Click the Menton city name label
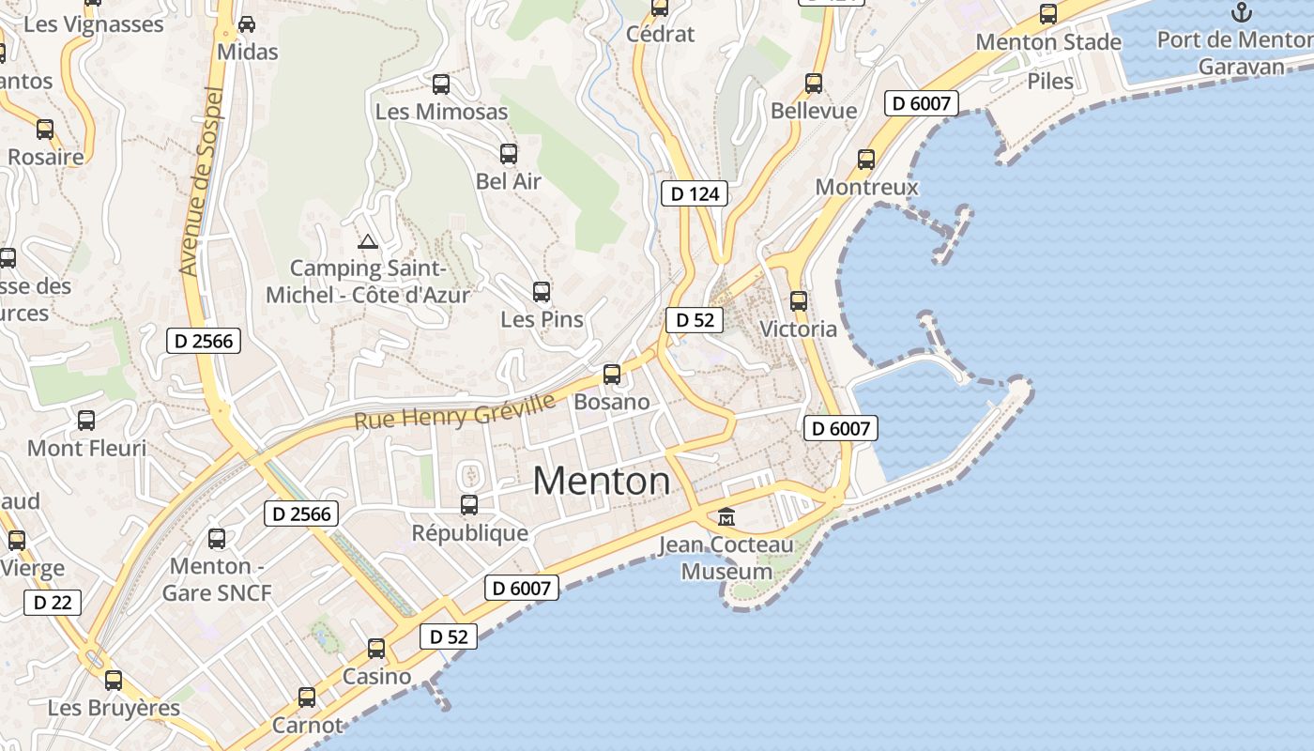point(602,482)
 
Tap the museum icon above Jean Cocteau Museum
point(726,516)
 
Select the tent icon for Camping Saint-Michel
point(368,241)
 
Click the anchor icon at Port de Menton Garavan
point(1242,12)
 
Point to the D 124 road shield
point(695,194)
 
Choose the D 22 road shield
point(52,603)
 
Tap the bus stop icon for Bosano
point(612,375)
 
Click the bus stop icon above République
point(469,505)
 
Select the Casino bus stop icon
point(376,649)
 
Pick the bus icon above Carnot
point(307,697)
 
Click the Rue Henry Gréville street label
point(454,411)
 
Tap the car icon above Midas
point(247,24)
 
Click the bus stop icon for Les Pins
point(542,292)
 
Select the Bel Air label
point(509,181)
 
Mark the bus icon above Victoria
point(799,301)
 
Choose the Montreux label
point(866,187)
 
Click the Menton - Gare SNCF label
point(216,579)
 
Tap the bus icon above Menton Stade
point(1048,14)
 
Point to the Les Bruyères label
point(114,708)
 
